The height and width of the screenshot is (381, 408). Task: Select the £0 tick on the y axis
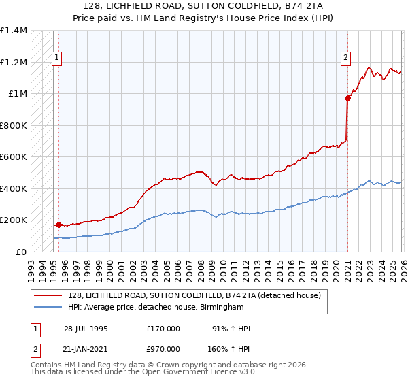[x=22, y=252]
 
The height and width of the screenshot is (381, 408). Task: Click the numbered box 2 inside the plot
[x=346, y=59]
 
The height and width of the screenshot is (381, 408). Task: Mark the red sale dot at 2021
[x=347, y=98]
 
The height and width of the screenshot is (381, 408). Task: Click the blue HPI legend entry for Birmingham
[x=165, y=308]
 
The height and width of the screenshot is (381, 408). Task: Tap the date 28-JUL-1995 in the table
[x=86, y=329]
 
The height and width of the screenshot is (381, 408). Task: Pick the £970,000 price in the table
[x=163, y=349]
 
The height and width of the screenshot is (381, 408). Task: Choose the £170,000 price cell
[x=163, y=329]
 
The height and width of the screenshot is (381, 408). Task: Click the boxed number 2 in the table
[x=35, y=349]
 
